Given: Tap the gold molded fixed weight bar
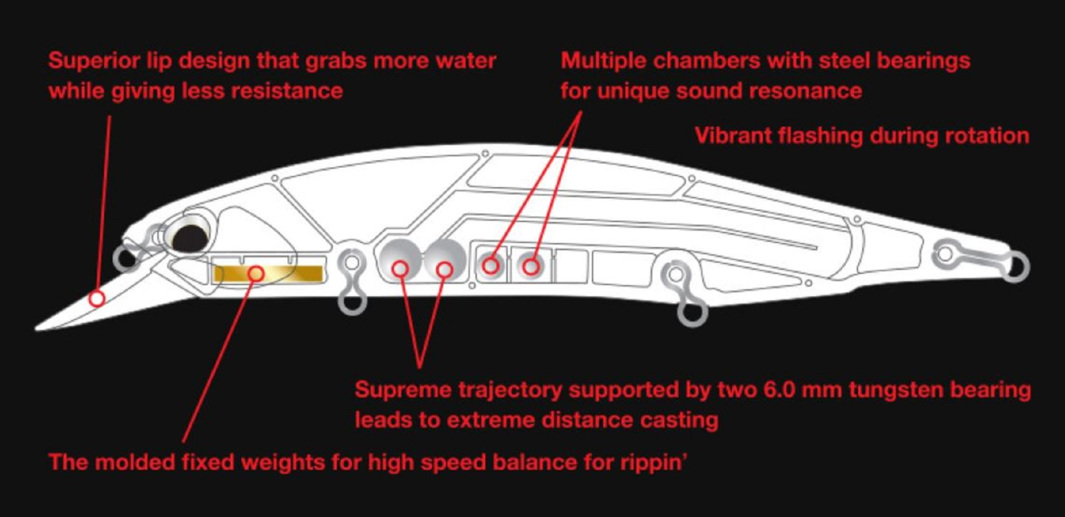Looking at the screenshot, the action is (x=268, y=274).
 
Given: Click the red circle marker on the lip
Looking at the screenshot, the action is (x=97, y=298).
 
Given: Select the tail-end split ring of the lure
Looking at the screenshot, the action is (x=1015, y=267).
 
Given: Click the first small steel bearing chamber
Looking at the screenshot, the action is (x=491, y=264).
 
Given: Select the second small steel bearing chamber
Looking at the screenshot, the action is (x=530, y=264).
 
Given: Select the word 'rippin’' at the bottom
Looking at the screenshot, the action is (x=653, y=463).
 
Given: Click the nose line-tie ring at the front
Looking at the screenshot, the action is (x=126, y=259).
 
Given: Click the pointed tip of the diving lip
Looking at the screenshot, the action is (x=37, y=329).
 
